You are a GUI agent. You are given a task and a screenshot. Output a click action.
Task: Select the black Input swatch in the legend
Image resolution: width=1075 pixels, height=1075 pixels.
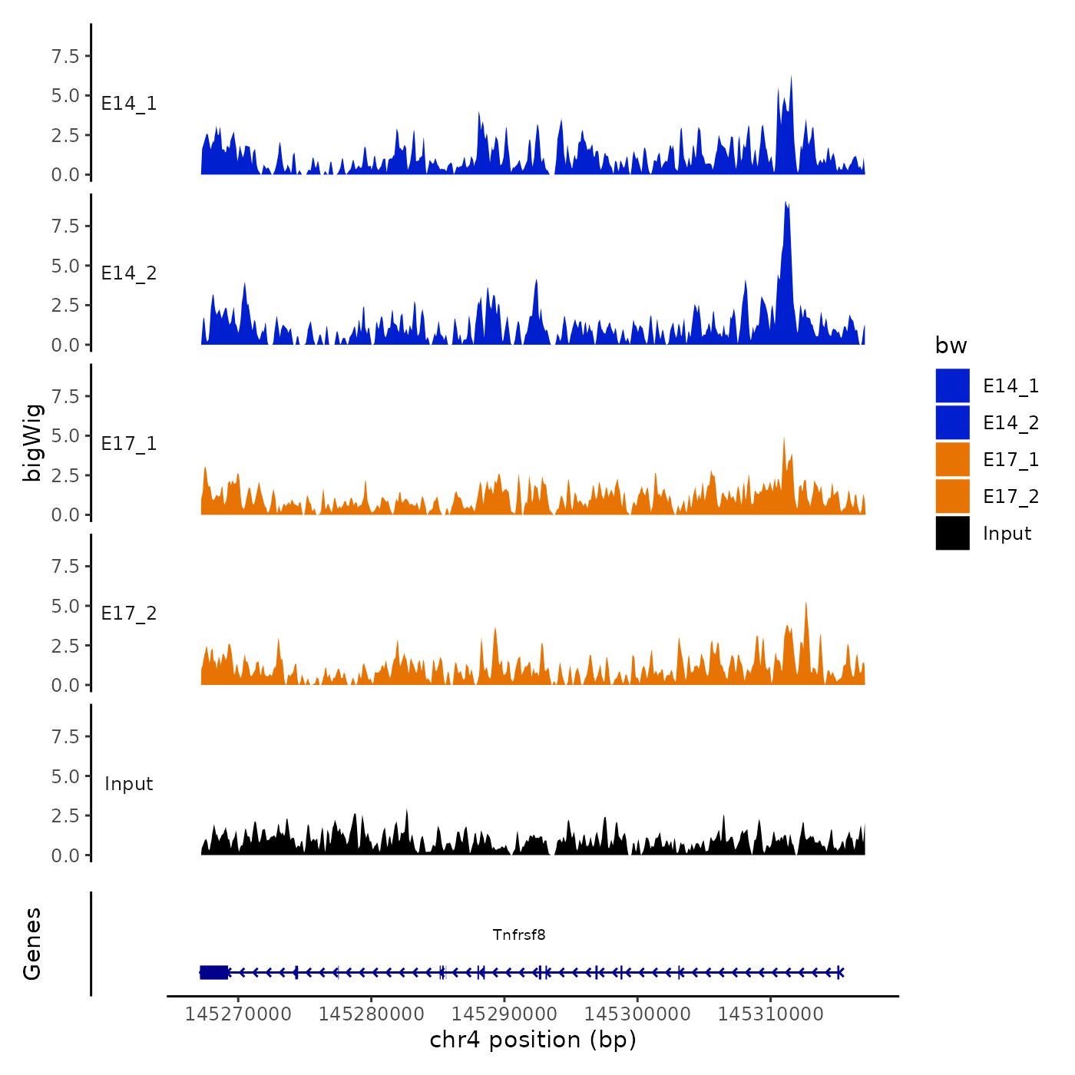click(x=952, y=533)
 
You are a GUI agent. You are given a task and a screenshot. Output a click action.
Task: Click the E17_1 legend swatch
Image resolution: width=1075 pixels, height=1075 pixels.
click(x=952, y=459)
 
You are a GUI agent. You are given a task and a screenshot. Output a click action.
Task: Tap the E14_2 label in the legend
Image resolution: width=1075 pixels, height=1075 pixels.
click(x=1011, y=423)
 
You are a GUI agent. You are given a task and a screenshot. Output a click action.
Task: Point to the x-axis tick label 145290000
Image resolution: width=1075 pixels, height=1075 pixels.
click(x=504, y=1014)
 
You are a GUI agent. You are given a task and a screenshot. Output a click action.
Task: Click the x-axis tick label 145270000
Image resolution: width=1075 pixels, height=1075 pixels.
click(x=238, y=1014)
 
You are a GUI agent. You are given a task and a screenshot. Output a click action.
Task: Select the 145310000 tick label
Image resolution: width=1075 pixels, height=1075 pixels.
click(x=771, y=1014)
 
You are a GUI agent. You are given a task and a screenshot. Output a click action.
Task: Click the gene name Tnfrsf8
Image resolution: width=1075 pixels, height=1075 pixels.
click(x=519, y=934)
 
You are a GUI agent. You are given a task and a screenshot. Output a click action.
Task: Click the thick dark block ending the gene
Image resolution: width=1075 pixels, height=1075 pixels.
click(x=214, y=972)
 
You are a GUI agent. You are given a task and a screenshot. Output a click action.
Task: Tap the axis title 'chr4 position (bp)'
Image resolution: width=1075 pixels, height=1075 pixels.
click(x=533, y=1040)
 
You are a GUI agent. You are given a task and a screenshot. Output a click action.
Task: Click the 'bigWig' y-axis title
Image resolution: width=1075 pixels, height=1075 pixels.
click(x=33, y=442)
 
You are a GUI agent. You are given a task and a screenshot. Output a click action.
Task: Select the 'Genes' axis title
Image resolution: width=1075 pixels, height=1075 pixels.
click(x=33, y=944)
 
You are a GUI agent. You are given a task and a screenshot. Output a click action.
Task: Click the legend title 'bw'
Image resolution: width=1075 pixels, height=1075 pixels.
click(x=951, y=346)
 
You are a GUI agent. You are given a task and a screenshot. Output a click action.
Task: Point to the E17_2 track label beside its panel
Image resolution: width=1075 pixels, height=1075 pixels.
click(x=129, y=614)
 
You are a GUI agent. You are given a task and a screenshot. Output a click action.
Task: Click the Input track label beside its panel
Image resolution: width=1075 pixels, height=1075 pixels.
click(x=129, y=784)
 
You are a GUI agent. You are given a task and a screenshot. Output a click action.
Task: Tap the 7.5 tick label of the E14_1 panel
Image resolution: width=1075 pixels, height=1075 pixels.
click(x=65, y=56)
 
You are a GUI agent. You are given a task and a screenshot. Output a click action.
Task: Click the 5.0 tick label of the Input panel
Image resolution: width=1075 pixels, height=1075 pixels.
click(x=65, y=776)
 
